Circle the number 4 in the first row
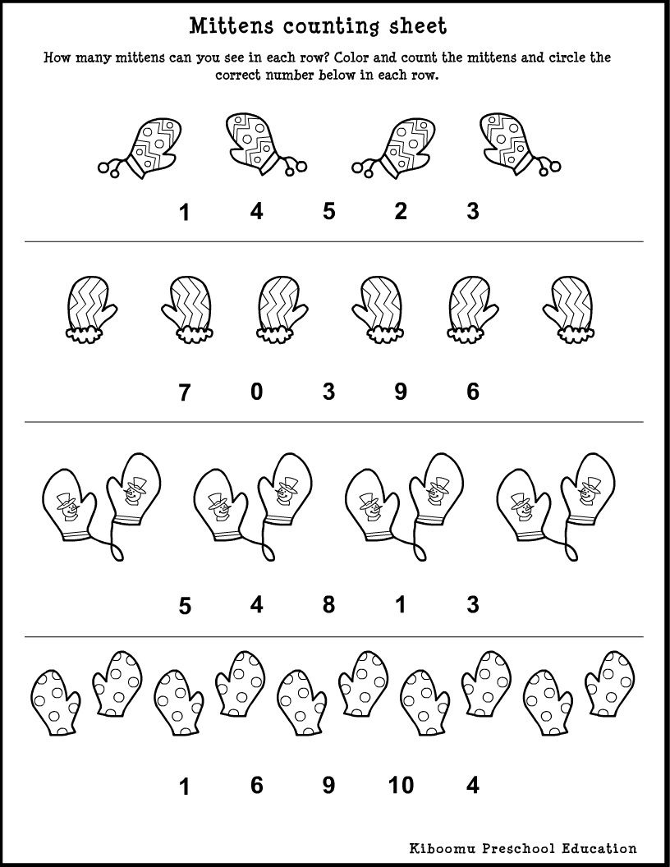[x=256, y=212]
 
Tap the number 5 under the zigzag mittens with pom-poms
[x=328, y=212]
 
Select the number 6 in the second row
[x=472, y=392]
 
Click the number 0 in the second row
[x=256, y=392]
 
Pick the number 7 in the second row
[x=184, y=393]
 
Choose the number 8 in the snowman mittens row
[x=328, y=605]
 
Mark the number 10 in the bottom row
[x=401, y=786]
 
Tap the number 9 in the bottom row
[x=328, y=786]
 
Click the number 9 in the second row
[x=400, y=392]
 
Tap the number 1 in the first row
[x=184, y=213]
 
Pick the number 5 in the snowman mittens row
[x=185, y=607]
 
